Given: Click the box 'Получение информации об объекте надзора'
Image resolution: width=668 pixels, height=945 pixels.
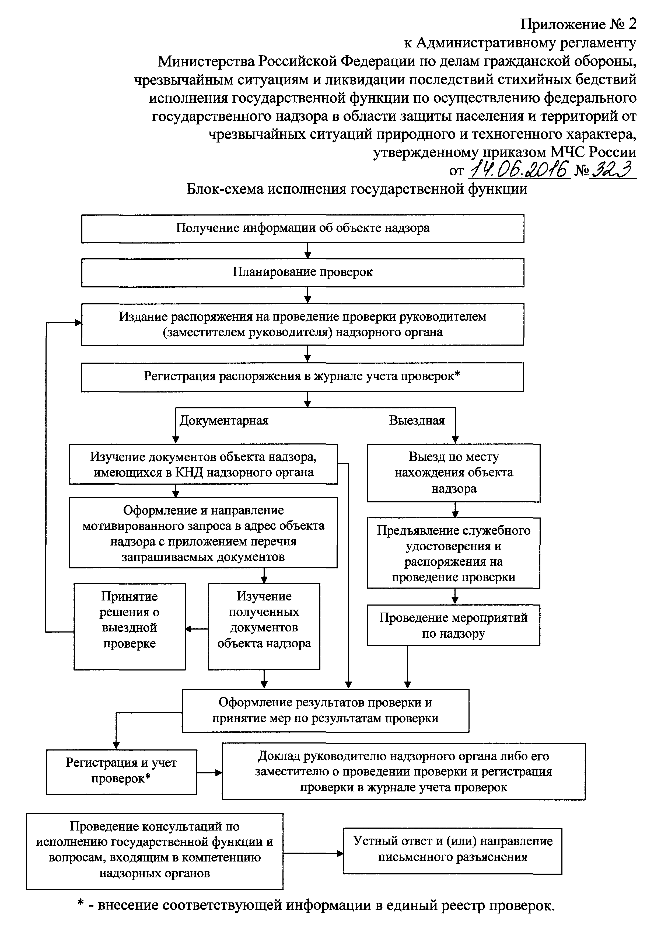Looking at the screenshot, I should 302,228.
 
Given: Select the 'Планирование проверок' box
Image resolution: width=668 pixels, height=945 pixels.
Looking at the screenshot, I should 302,272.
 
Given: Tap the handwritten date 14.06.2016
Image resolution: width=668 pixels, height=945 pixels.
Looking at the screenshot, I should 519,169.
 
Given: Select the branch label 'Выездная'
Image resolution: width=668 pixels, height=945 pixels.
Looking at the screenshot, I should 417,421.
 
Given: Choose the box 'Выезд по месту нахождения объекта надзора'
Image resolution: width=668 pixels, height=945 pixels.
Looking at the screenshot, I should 453,472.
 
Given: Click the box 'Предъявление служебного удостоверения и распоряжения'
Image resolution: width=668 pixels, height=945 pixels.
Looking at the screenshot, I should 453,553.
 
